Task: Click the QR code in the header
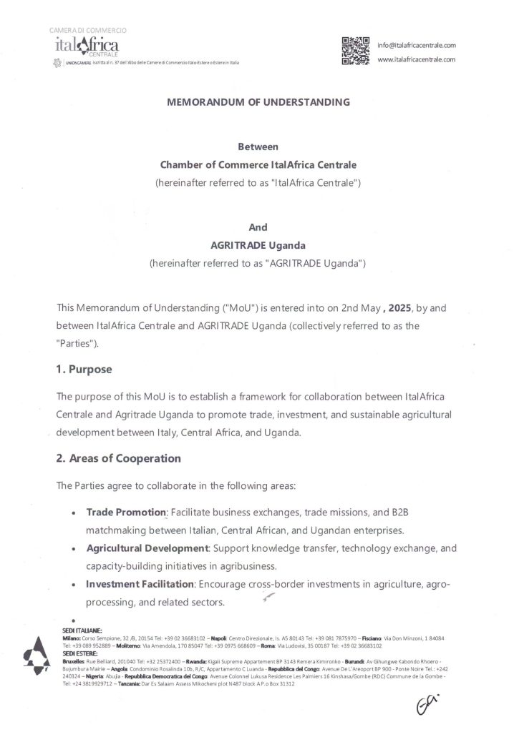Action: [x=355, y=51]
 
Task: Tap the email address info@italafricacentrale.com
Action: [x=416, y=45]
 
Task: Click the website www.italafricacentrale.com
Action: [x=416, y=59]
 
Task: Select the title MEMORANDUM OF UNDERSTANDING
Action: [x=258, y=102]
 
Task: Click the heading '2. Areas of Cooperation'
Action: [x=118, y=457]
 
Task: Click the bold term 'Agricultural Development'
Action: [x=147, y=548]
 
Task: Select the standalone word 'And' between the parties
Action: [x=257, y=228]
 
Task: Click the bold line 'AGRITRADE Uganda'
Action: [x=257, y=245]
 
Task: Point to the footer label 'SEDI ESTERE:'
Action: [x=79, y=654]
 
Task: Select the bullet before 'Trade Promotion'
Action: [x=74, y=514]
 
